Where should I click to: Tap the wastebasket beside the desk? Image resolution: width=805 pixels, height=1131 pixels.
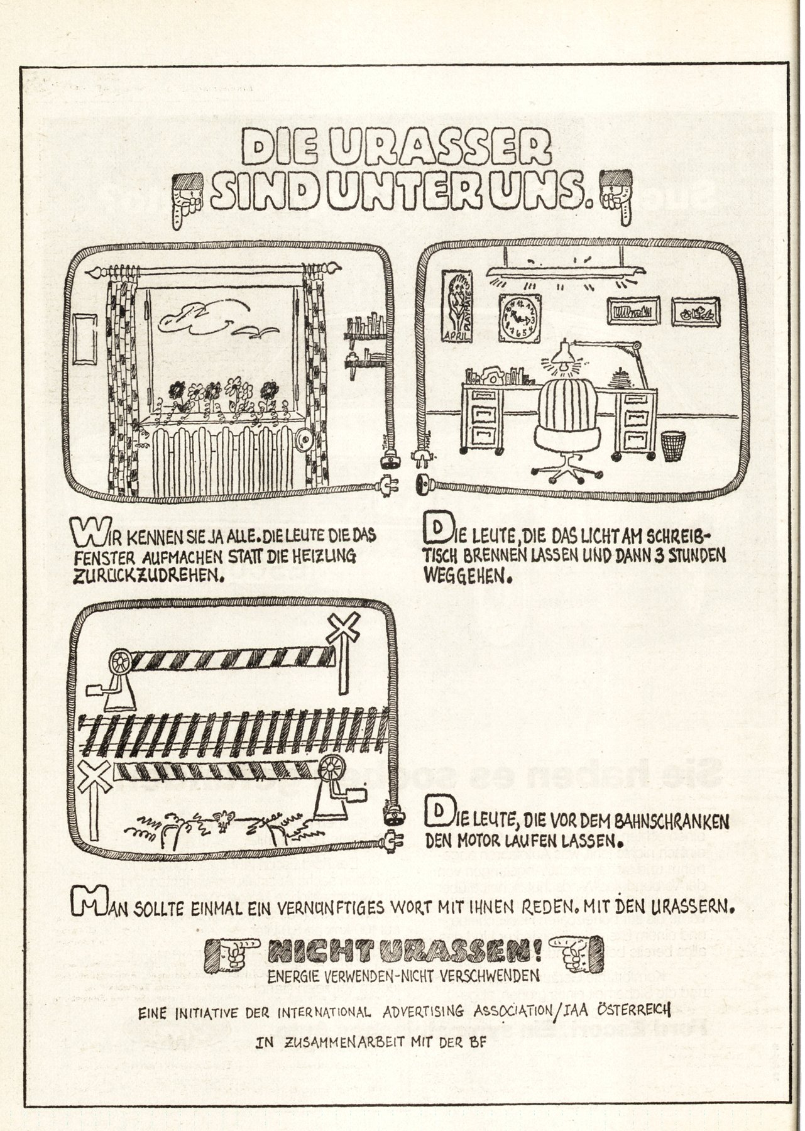click(674, 445)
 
